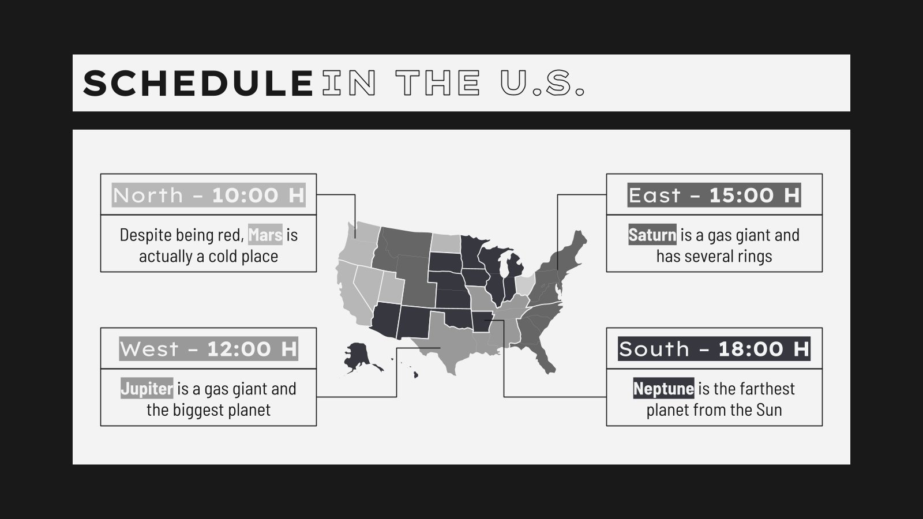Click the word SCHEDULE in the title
(x=198, y=83)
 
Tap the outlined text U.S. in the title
(x=542, y=83)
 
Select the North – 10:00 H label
(x=208, y=195)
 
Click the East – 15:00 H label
(x=714, y=195)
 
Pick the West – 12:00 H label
(x=208, y=349)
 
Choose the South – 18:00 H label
(x=714, y=349)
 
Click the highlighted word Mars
(x=265, y=235)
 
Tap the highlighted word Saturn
(x=652, y=235)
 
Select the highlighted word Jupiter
(x=147, y=389)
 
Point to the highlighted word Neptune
(x=663, y=389)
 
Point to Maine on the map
(x=579, y=239)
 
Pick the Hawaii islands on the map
(x=414, y=374)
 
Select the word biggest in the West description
(x=200, y=410)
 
